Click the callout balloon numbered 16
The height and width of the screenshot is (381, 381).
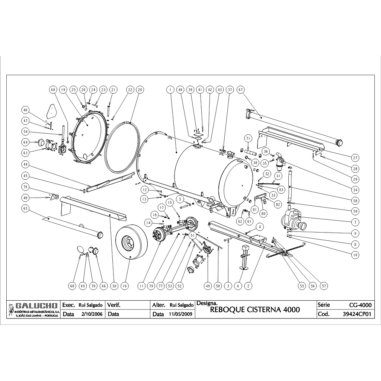[124, 286]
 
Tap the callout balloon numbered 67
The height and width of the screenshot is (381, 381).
[240, 90]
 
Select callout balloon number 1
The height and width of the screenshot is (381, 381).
[170, 90]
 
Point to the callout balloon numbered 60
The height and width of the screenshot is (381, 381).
[52, 90]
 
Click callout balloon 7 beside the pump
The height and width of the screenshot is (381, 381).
[355, 222]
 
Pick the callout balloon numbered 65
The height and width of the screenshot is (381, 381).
[26, 209]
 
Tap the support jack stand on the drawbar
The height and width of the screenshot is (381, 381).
[245, 257]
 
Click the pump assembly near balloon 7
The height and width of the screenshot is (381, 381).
[293, 220]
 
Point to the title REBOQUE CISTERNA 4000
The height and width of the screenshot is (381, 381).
[255, 310]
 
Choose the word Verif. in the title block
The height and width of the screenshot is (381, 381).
[114, 305]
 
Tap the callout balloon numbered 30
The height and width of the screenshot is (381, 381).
[114, 286]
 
